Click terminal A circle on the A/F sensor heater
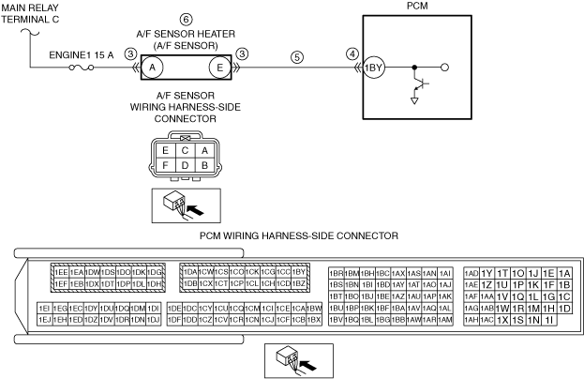pos(154,68)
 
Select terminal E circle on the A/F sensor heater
pos(220,68)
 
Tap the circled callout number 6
pos(186,20)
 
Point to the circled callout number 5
pos(297,56)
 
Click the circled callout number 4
pos(352,54)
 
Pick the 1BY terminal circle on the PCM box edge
pos(372,68)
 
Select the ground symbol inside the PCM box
pos(413,99)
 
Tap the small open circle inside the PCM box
pos(443,68)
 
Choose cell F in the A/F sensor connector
pos(165,166)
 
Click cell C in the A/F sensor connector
pos(185,150)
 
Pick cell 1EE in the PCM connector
pos(60,271)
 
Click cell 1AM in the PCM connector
pos(445,320)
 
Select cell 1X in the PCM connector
pos(502,320)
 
